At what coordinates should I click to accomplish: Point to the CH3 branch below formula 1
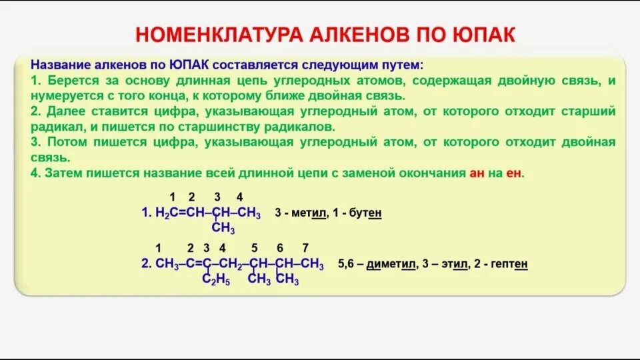click(x=223, y=229)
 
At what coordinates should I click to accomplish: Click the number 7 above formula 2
click(x=305, y=248)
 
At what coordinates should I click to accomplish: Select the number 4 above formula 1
click(x=239, y=197)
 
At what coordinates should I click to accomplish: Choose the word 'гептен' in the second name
click(x=509, y=264)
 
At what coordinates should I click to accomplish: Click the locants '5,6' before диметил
click(x=346, y=264)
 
